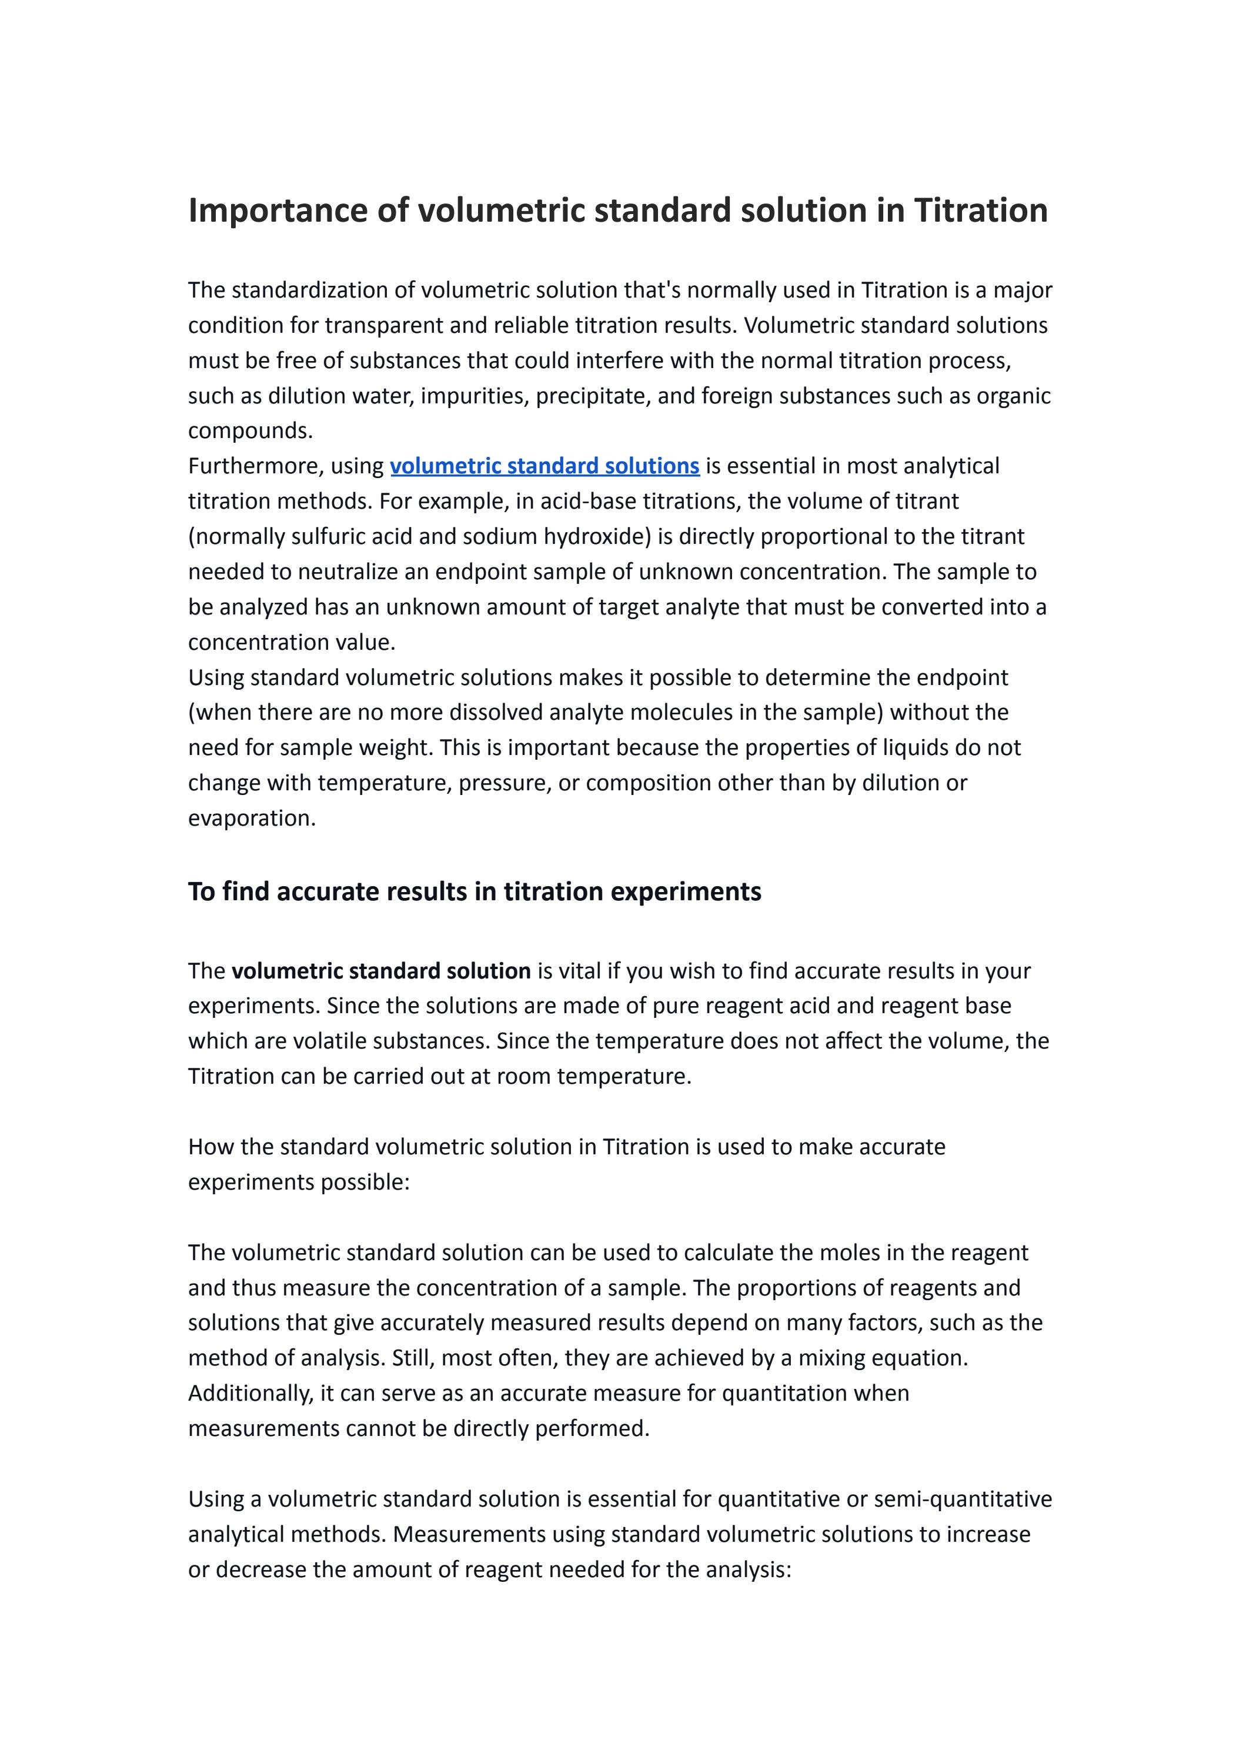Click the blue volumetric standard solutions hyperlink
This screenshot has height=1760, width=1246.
pyautogui.click(x=544, y=466)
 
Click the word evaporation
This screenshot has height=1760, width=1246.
pyautogui.click(x=252, y=818)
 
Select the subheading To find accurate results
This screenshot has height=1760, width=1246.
pyautogui.click(x=474, y=891)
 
